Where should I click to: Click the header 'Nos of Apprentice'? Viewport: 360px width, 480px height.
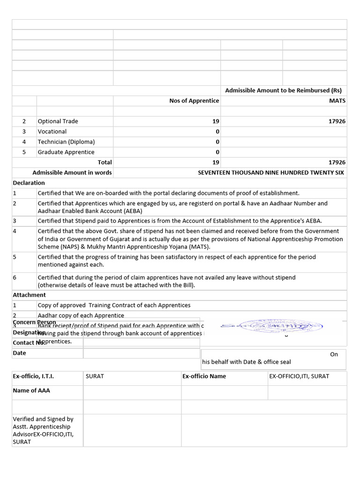pyautogui.click(x=194, y=101)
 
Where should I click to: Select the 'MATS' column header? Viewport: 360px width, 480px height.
pyautogui.click(x=337, y=101)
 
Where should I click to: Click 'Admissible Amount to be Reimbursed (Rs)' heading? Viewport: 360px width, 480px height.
pyautogui.click(x=283, y=90)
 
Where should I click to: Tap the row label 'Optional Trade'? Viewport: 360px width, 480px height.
pyautogui.click(x=58, y=121)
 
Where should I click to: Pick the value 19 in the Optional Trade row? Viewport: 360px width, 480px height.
pyautogui.click(x=216, y=121)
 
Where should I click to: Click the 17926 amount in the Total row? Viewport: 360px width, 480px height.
pyautogui.click(x=337, y=162)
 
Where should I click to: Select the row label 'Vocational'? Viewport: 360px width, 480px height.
pyautogui.click(x=52, y=132)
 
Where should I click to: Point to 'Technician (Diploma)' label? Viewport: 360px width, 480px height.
pyautogui.click(x=66, y=142)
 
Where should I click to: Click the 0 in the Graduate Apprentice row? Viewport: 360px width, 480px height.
pyautogui.click(x=217, y=152)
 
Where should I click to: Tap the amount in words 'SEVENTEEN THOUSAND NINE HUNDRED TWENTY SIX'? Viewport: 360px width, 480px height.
pyautogui.click(x=270, y=172)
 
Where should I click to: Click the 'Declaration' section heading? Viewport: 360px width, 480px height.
pyautogui.click(x=29, y=183)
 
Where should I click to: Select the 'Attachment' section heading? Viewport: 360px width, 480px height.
pyautogui.click(x=29, y=295)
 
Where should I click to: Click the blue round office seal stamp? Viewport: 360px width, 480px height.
pyautogui.click(x=272, y=326)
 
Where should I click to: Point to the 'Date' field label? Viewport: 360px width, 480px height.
pyautogui.click(x=20, y=353)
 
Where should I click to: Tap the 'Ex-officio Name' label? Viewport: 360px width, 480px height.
pyautogui.click(x=204, y=376)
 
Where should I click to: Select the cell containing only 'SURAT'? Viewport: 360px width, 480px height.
pyautogui.click(x=95, y=376)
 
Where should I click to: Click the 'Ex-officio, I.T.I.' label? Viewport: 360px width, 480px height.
pyautogui.click(x=33, y=376)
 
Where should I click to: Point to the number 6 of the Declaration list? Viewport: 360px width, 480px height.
pyautogui.click(x=15, y=277)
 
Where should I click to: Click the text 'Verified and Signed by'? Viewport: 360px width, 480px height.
pyautogui.click(x=43, y=419)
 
